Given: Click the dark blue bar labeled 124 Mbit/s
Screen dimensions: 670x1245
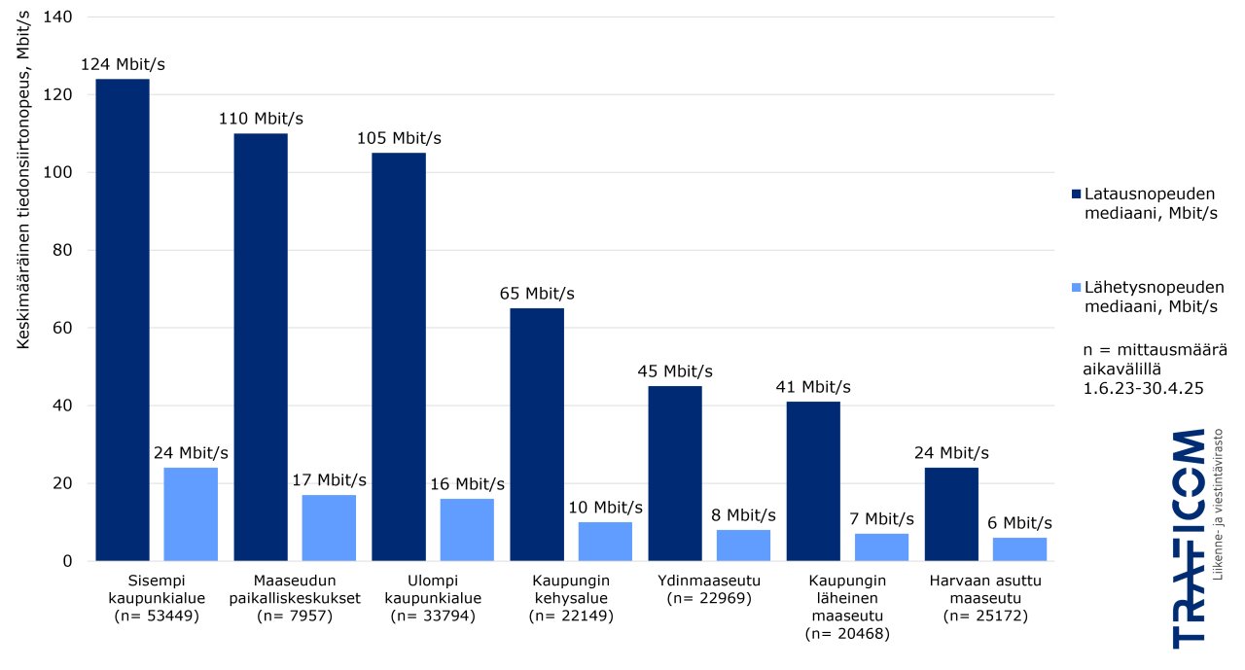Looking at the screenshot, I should pos(122,320).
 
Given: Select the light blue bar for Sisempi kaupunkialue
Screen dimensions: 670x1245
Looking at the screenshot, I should pos(191,514).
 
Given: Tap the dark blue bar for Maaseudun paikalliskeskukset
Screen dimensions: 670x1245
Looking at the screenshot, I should pos(260,347).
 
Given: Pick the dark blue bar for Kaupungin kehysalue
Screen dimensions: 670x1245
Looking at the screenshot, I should pos(537,435).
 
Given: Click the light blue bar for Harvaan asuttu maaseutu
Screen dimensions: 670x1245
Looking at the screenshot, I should pos(1019,549).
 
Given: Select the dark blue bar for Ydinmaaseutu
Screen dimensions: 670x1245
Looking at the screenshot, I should pos(675,474).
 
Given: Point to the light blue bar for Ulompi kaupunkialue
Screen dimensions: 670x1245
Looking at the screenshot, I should pos(467,530).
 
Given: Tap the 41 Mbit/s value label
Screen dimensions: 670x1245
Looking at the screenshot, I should pos(813,387).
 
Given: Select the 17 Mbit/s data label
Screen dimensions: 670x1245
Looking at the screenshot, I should pos(329,480).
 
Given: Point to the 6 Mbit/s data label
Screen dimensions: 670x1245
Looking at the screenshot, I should pos(1019,523).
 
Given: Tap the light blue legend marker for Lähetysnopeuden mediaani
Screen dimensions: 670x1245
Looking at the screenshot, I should pos(1075,287).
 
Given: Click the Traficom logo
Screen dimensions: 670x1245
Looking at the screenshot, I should pos(1197,537).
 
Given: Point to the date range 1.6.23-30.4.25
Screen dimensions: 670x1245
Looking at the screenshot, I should pos(1144,387).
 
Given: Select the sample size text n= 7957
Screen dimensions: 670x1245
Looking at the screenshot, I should pos(295,616).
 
